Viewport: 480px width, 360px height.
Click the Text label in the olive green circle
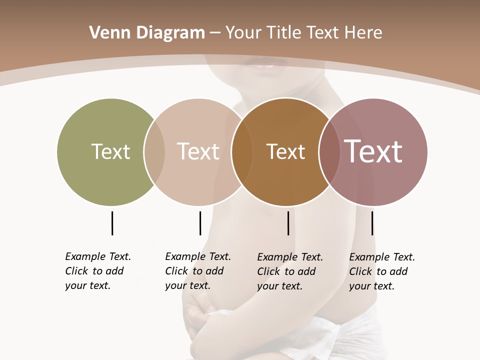click(x=110, y=151)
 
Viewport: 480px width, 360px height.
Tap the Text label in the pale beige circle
click(x=198, y=151)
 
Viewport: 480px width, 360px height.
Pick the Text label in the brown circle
click(x=285, y=151)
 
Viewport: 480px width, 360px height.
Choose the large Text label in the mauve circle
click(x=373, y=151)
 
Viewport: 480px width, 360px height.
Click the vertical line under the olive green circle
click(x=112, y=223)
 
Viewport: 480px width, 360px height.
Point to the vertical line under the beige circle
click(x=200, y=223)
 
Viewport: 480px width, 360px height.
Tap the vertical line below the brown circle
click(x=288, y=223)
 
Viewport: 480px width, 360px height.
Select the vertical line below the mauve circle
click(x=372, y=223)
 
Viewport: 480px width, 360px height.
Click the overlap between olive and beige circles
click(x=154, y=151)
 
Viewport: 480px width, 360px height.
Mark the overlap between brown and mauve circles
click(x=329, y=151)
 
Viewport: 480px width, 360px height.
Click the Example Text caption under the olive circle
click(x=97, y=271)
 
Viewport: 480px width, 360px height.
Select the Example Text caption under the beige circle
click(x=197, y=271)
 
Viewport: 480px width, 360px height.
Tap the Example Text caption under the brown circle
click(x=289, y=271)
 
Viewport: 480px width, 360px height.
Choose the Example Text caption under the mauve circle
click(x=381, y=271)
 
